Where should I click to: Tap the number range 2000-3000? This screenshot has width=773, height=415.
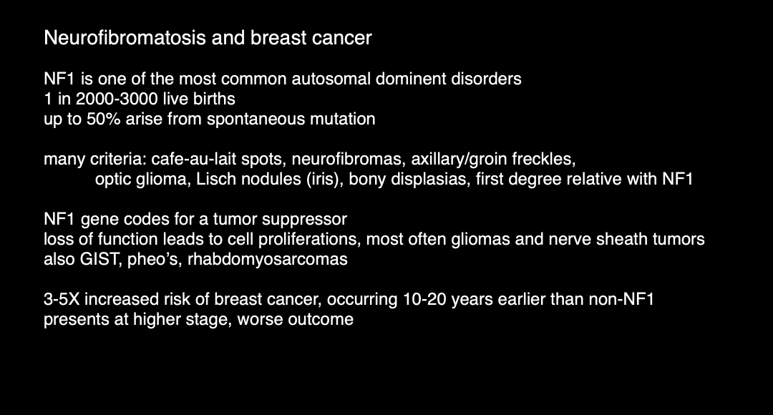(112, 99)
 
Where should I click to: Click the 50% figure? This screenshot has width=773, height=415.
(104, 119)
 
